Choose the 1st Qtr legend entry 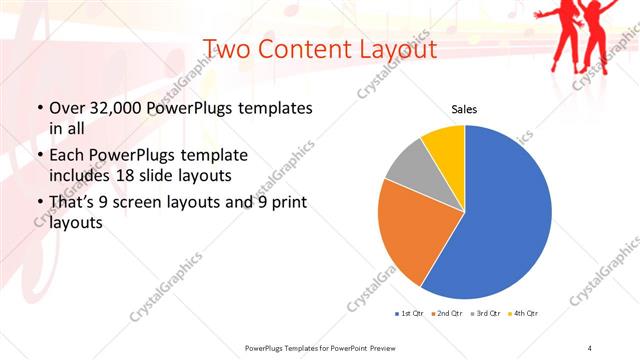point(410,314)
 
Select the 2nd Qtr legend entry point(446,314)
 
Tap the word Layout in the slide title point(394,49)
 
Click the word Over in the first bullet point(64,108)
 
